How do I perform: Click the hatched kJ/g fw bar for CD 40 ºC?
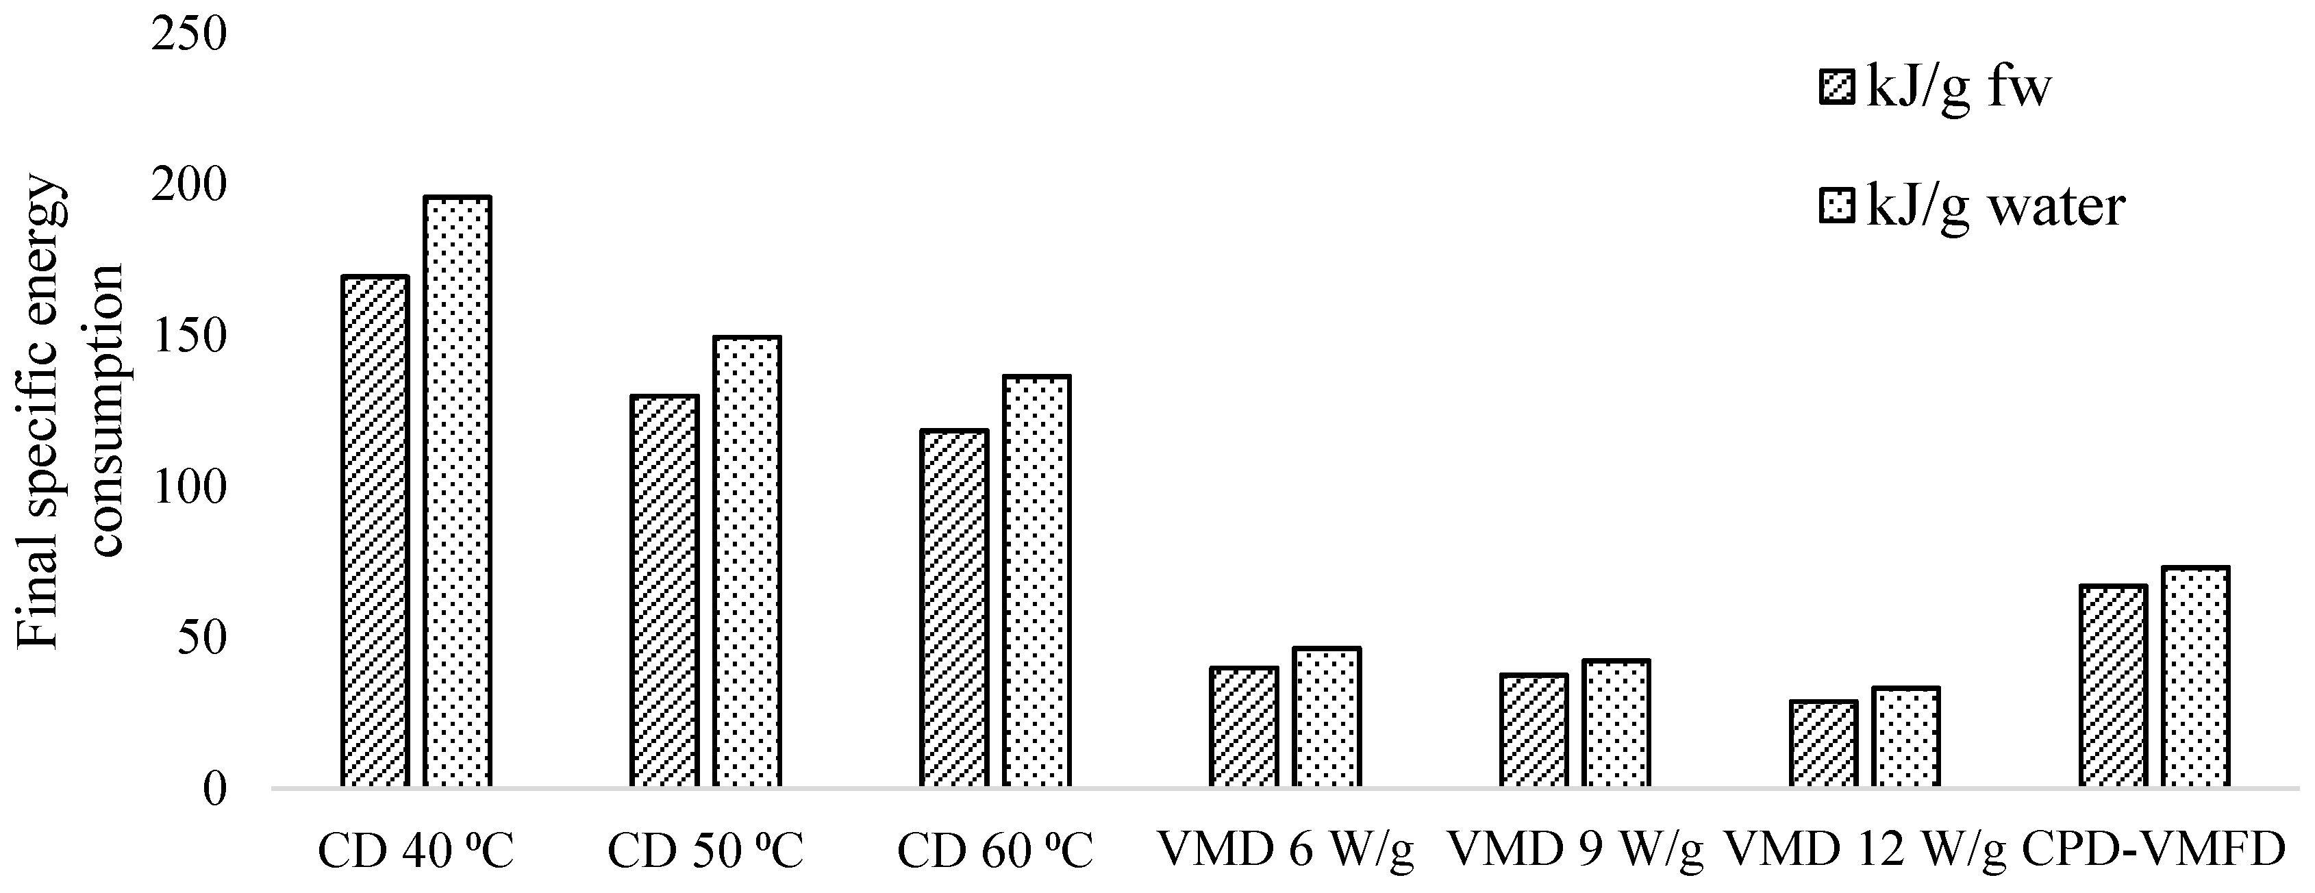[x=375, y=532]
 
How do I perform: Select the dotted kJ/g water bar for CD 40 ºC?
[x=458, y=492]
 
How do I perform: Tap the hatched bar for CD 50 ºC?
[x=664, y=591]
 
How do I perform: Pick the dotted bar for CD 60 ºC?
[x=1036, y=581]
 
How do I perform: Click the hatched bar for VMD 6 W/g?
[x=1244, y=728]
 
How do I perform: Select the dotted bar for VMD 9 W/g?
[x=1616, y=724]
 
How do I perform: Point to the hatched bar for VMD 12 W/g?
[x=1823, y=744]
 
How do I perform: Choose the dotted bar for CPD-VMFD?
[x=2195, y=677]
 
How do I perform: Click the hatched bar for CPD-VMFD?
[x=2113, y=686]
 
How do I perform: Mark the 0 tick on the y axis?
[x=214, y=790]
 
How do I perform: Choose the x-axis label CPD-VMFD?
[x=2154, y=849]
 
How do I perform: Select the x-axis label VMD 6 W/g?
[x=1285, y=851]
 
